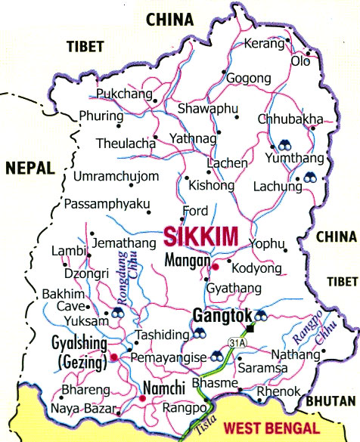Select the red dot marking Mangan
(x=215, y=267)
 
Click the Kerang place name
(x=263, y=44)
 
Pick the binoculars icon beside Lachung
(x=310, y=178)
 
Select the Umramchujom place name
(x=116, y=177)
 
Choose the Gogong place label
(x=247, y=79)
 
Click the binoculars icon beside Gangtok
(x=261, y=316)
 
